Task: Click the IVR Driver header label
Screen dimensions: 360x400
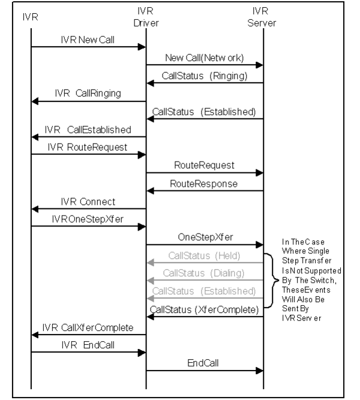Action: (x=146, y=17)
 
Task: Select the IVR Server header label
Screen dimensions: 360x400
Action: (x=262, y=17)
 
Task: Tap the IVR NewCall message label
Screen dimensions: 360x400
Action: (x=88, y=40)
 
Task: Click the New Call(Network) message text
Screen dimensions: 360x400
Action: (x=205, y=58)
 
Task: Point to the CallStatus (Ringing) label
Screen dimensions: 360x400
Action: (x=205, y=76)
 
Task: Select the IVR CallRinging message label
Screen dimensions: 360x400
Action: (x=88, y=93)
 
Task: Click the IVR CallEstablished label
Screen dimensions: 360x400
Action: (x=88, y=130)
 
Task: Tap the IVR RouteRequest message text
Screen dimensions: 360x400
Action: (x=88, y=148)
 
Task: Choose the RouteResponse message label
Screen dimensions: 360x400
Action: (x=204, y=184)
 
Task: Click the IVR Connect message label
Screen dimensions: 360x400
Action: (x=88, y=202)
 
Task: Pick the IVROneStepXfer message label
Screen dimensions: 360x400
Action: (x=88, y=219)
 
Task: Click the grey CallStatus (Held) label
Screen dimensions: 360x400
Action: (x=205, y=256)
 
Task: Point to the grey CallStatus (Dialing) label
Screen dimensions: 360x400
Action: (x=204, y=273)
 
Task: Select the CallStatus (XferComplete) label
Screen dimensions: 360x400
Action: (x=205, y=310)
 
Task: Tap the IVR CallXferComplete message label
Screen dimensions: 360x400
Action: (x=88, y=327)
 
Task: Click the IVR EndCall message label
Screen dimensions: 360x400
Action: (x=88, y=345)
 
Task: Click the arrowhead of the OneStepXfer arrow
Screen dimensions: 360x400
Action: (x=259, y=245)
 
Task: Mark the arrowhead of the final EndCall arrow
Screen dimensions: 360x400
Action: (x=259, y=371)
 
